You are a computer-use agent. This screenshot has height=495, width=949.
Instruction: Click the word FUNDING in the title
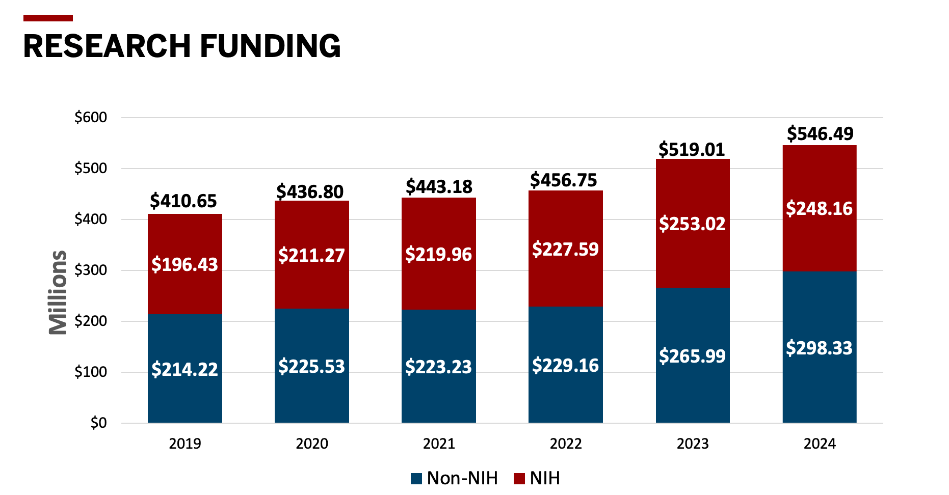(x=270, y=46)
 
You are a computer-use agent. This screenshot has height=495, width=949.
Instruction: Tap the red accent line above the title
(x=48, y=18)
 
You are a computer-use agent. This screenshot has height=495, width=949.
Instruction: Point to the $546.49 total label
(x=820, y=133)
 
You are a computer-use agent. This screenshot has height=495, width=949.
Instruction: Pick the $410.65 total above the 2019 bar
(x=183, y=201)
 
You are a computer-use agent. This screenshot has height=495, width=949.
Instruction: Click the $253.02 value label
(x=692, y=224)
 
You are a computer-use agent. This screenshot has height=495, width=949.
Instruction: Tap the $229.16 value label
(x=565, y=365)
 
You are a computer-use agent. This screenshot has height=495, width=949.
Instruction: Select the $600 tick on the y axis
(x=91, y=117)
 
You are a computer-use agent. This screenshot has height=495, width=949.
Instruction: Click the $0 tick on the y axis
(x=98, y=423)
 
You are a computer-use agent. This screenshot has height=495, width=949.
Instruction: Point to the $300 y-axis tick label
(x=91, y=270)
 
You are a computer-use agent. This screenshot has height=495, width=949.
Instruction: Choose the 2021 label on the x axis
(x=438, y=444)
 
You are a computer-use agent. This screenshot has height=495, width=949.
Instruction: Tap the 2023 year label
(x=692, y=444)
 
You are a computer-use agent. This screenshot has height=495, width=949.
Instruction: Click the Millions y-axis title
(x=58, y=292)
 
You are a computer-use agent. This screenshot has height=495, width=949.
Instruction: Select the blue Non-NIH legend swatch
(x=416, y=479)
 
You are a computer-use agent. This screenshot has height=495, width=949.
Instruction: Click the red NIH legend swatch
(x=519, y=479)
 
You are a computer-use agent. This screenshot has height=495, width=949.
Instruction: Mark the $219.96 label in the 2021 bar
(x=438, y=254)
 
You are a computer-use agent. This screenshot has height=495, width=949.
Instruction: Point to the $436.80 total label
(x=310, y=191)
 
